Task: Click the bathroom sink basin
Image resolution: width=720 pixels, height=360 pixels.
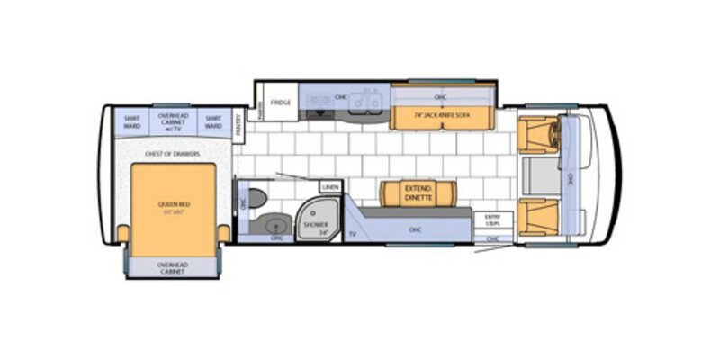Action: pyautogui.click(x=273, y=224)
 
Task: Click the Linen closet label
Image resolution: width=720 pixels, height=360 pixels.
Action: pyautogui.click(x=331, y=187)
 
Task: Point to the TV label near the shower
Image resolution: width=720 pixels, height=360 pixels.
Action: pyautogui.click(x=352, y=233)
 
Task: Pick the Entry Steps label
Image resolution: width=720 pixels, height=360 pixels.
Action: pyautogui.click(x=492, y=220)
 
